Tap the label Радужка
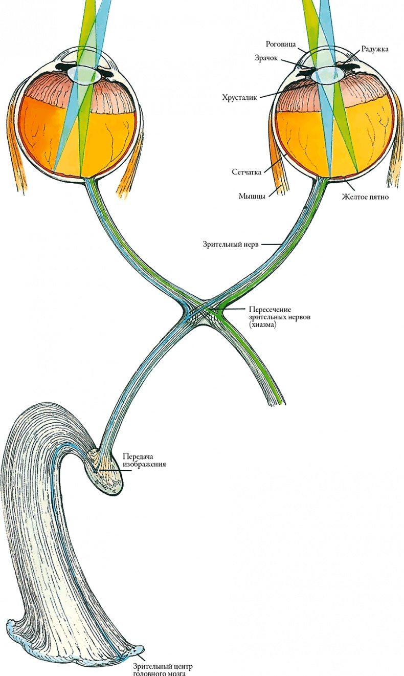374,49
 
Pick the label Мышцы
252,196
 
